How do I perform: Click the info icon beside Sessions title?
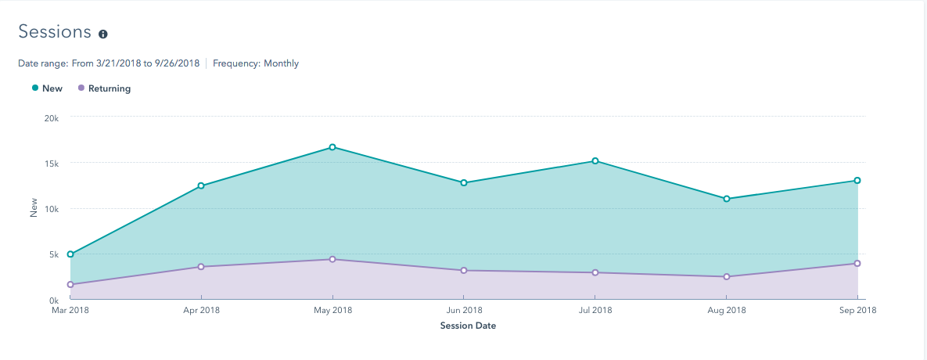102,34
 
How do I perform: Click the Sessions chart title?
55,32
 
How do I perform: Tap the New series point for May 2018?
332,147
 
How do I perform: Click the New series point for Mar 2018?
70,254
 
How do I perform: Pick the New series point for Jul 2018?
595,161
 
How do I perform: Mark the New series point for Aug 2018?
727,199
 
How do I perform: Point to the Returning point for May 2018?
332,259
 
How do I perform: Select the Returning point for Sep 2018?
857,264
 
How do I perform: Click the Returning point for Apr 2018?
201,267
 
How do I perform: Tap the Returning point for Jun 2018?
464,271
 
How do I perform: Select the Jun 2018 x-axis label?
464,311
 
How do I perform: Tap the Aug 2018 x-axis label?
727,311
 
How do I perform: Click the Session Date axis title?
468,326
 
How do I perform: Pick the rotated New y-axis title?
34,207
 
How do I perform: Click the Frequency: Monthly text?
256,63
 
